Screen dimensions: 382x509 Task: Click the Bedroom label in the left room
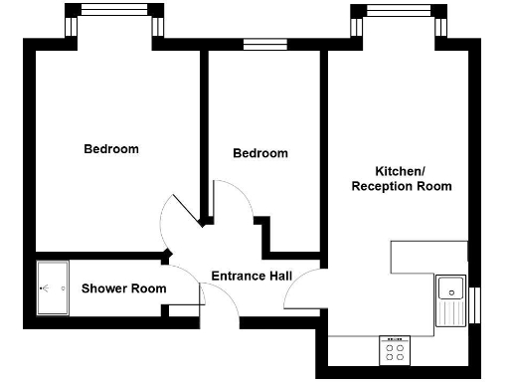point(110,149)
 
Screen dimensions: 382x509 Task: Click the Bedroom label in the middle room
point(260,153)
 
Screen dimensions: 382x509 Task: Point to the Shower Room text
point(123,288)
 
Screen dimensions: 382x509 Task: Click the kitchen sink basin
point(450,289)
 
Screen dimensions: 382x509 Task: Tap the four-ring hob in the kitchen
point(394,350)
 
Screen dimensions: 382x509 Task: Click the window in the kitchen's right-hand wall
point(475,303)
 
